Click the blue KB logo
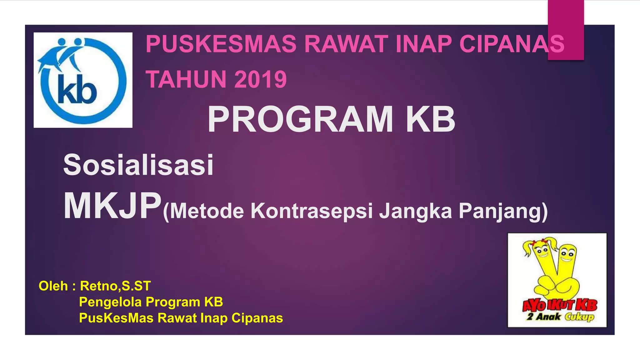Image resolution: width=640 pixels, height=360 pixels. pyautogui.click(x=83, y=80)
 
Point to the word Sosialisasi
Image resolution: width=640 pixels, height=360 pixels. pyautogui.click(x=138, y=165)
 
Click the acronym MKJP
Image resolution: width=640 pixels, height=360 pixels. pyautogui.click(x=112, y=207)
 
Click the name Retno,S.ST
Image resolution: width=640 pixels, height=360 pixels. pyautogui.click(x=115, y=286)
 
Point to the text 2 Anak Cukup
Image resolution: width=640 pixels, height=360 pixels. pyautogui.click(x=560, y=317)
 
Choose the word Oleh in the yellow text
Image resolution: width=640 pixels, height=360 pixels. pyautogui.click(x=53, y=286)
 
